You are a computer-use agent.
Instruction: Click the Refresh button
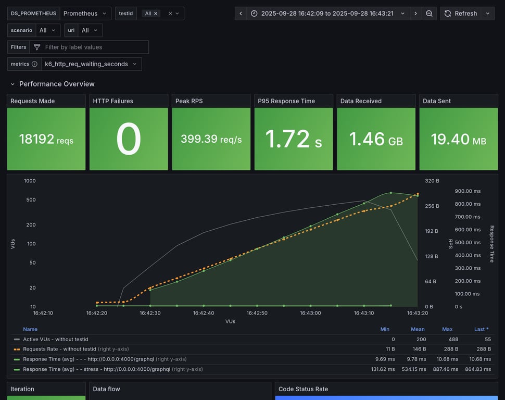(460, 14)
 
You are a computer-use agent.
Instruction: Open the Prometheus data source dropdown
(85, 14)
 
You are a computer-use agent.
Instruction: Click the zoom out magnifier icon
(429, 14)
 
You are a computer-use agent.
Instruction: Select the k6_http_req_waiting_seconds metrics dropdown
(91, 64)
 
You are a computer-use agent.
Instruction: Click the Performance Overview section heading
(57, 84)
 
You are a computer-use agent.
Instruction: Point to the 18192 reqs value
(46, 139)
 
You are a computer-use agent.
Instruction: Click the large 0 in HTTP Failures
(129, 139)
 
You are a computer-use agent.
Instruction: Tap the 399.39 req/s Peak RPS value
(211, 139)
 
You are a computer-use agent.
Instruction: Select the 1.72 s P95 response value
(293, 139)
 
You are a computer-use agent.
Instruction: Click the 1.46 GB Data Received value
(376, 139)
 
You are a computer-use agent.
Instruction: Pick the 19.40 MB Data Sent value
(458, 139)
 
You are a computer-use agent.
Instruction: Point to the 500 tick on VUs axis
(30, 200)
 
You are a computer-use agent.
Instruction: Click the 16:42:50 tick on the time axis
(257, 313)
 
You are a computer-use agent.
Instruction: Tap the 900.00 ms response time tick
(468, 191)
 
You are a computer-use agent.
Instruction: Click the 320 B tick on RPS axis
(432, 181)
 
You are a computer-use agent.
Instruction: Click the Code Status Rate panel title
(303, 389)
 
